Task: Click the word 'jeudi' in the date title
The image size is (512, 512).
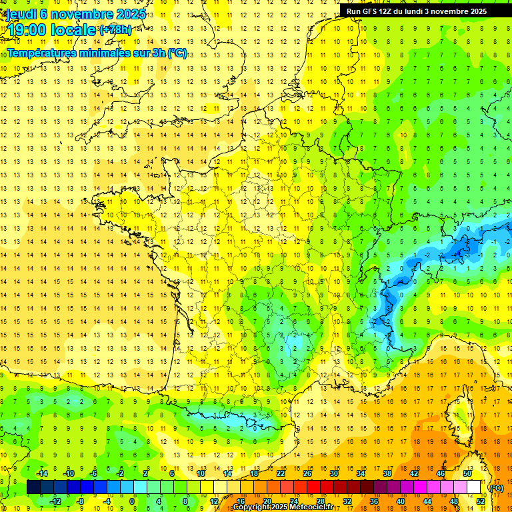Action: [x=21, y=14]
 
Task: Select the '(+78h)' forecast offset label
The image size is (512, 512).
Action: [x=115, y=30]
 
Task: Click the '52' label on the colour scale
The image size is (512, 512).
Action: [x=481, y=501]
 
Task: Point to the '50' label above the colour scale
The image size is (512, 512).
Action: [x=467, y=473]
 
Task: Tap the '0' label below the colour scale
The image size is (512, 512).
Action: [x=132, y=501]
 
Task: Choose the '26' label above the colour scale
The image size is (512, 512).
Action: [x=307, y=473]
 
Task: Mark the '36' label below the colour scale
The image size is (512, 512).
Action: [x=373, y=501]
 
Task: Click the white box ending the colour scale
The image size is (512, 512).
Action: [x=473, y=487]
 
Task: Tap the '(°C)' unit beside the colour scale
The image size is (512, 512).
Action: [x=497, y=487]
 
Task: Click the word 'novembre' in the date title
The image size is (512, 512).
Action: [x=85, y=14]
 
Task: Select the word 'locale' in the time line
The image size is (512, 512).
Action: [x=75, y=30]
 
